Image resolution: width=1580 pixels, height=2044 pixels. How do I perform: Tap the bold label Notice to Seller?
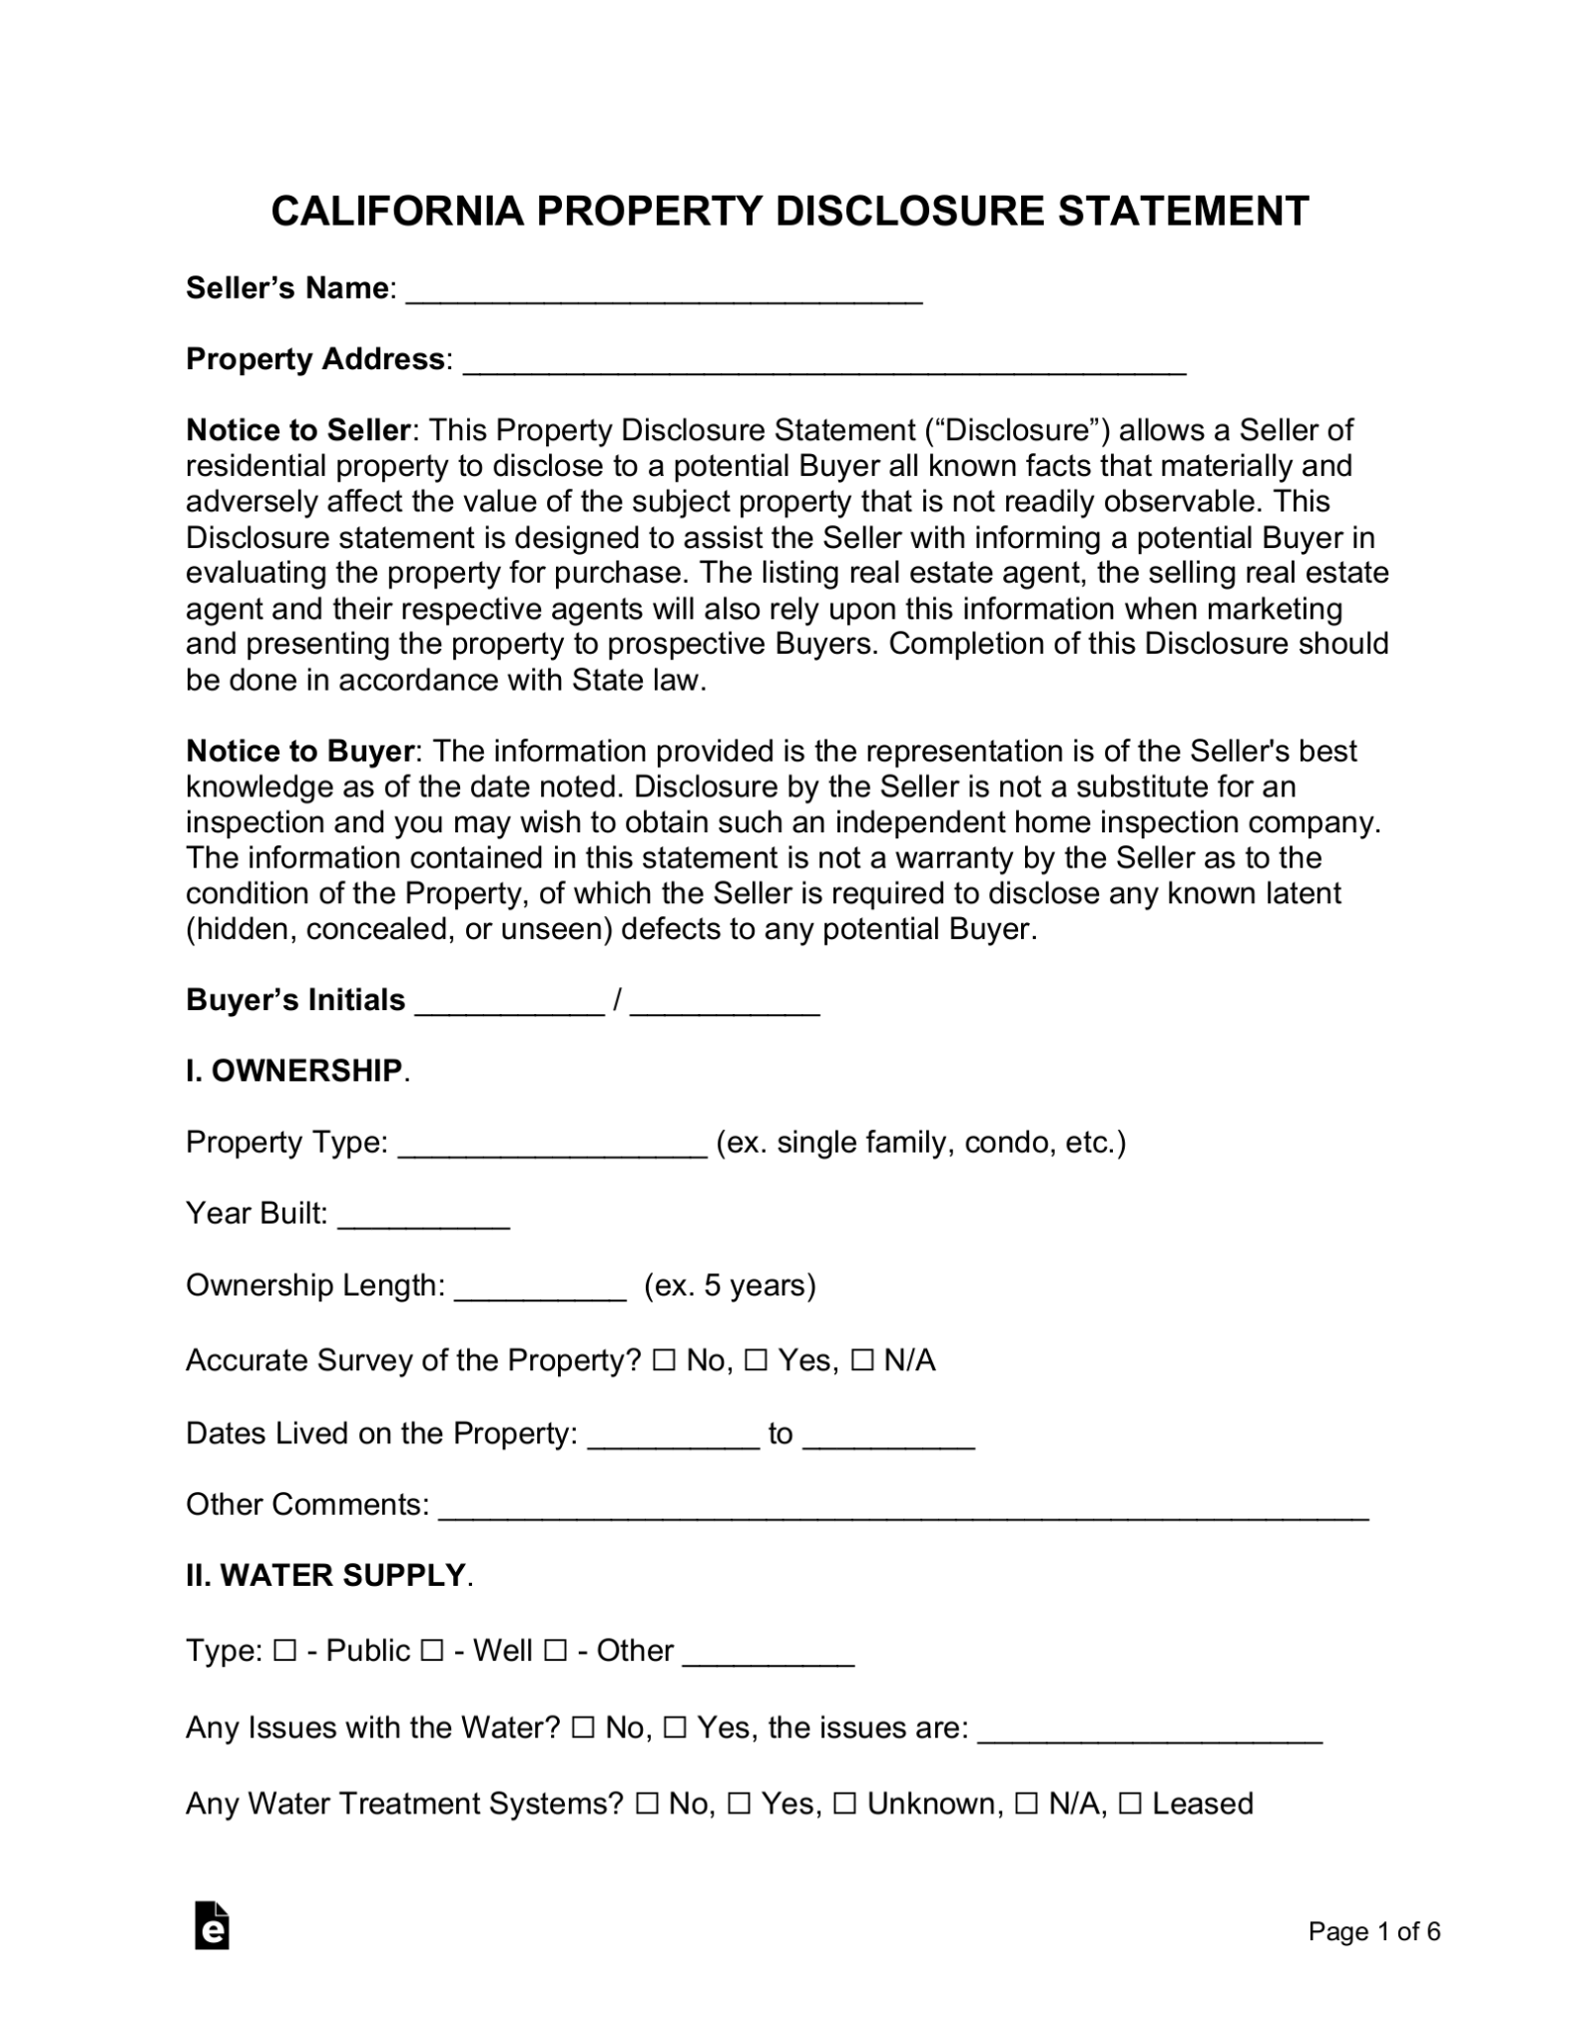297,430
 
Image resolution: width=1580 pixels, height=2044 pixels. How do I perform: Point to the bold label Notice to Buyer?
299,751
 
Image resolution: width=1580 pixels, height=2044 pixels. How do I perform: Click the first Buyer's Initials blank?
509,1002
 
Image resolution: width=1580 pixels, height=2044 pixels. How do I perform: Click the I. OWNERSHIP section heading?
294,1071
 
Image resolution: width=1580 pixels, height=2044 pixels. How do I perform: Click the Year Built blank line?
423,1216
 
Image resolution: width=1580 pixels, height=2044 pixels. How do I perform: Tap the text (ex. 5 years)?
730,1285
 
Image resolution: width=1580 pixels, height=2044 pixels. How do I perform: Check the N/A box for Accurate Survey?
862,1361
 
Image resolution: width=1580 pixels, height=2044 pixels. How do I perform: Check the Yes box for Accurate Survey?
756,1361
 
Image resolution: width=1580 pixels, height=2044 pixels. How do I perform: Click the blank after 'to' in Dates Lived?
887,1436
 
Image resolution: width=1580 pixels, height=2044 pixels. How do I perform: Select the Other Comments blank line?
902,1507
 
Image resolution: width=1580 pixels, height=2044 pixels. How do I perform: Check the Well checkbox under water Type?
432,1652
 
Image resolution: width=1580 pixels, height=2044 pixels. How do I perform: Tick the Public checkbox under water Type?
284,1652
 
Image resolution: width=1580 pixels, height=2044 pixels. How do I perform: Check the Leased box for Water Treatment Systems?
1130,1804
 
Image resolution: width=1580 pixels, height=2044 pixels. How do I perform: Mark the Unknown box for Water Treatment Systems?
844,1804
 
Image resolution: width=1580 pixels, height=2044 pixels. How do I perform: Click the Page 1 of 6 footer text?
1373,1932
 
